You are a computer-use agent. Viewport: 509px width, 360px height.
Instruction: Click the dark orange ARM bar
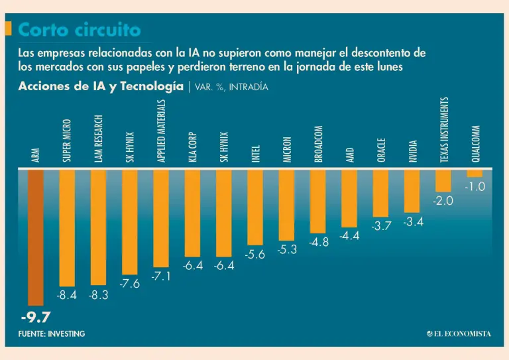[x=36, y=237]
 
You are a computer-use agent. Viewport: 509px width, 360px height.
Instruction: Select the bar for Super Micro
[x=67, y=228]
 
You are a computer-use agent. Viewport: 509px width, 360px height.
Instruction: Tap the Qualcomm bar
[x=475, y=173]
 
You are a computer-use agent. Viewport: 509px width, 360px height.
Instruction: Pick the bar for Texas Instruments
[x=443, y=180]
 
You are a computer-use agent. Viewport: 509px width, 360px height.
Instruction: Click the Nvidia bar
[x=412, y=191]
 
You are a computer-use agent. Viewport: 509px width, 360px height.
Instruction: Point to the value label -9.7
[x=36, y=317]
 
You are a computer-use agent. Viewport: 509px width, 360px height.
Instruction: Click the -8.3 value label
[x=98, y=295]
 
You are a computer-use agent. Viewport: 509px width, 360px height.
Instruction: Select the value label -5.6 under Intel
[x=254, y=255]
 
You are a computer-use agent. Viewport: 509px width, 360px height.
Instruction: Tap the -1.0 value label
[x=475, y=187]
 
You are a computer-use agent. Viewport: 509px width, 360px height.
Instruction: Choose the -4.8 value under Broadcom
[x=319, y=242]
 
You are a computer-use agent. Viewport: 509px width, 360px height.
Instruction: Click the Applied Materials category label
[x=161, y=131]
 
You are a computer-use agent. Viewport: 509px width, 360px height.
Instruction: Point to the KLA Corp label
[x=192, y=147]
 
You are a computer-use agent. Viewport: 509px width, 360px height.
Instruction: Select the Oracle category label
[x=381, y=150]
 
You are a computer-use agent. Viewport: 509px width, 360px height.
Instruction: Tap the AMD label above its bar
[x=350, y=155]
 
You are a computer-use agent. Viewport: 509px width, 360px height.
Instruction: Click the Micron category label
[x=287, y=150]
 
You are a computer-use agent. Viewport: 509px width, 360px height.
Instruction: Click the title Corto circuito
[x=80, y=30]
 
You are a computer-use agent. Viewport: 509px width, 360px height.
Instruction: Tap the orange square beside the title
[x=9, y=29]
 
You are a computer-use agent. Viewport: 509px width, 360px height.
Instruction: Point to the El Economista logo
[x=459, y=333]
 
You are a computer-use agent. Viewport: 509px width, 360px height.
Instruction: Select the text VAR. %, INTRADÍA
[x=231, y=87]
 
